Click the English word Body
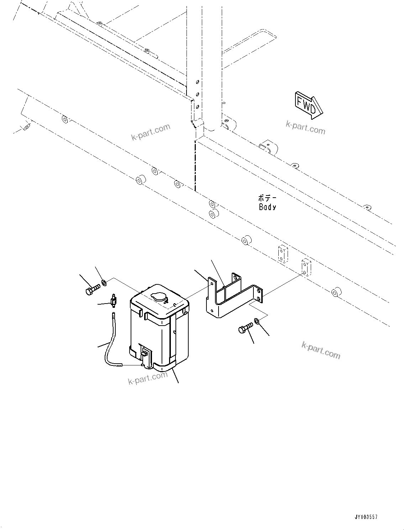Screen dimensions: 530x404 coord(267,207)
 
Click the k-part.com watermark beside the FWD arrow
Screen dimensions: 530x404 coord(305,128)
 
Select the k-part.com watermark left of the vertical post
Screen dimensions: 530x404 coord(151,132)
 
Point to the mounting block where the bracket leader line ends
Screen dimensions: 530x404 coord(306,268)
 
